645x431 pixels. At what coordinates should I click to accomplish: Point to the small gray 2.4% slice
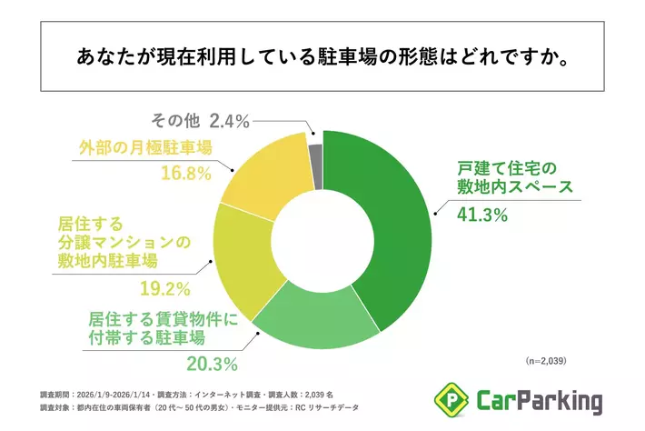point(315,145)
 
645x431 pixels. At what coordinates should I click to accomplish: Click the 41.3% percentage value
point(483,215)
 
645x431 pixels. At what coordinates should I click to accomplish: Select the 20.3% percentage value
point(212,365)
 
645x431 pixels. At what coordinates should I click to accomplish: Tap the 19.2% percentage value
point(164,290)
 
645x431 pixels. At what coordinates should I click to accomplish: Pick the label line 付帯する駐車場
point(145,338)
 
